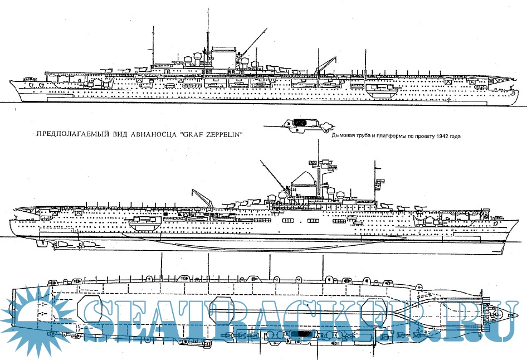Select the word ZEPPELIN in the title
pos(221,134)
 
